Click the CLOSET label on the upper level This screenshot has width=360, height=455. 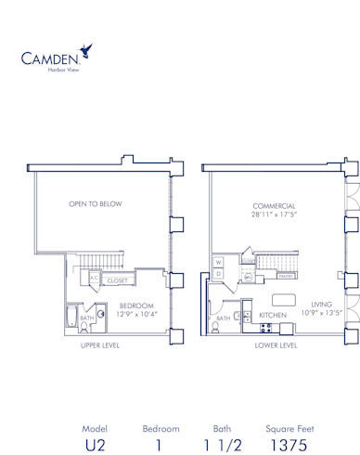coord(117,279)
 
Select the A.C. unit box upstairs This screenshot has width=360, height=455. coord(95,279)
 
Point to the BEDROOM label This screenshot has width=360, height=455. coord(135,305)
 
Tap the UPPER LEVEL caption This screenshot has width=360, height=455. coord(96,345)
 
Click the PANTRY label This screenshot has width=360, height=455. coord(286,276)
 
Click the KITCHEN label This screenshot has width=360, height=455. coord(272,316)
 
